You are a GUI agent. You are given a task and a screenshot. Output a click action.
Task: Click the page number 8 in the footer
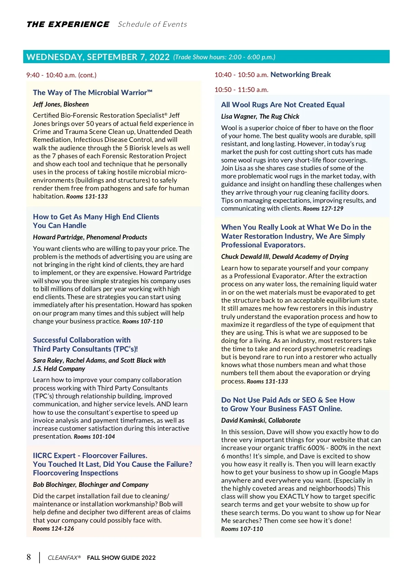(29, 557)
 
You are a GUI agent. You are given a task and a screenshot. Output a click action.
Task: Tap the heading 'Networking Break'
(301, 75)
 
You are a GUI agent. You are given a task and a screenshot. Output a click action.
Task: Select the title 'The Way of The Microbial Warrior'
(93, 93)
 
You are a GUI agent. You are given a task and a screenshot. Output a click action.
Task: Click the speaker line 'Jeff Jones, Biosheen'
(61, 104)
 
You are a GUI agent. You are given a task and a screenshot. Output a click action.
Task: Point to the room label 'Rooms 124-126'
(53, 529)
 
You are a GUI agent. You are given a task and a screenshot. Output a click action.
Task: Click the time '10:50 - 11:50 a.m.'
(241, 90)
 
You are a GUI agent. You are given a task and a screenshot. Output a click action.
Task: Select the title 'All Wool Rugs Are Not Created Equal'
(283, 105)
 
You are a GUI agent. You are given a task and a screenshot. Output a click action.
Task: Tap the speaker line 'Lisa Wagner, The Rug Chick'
(260, 117)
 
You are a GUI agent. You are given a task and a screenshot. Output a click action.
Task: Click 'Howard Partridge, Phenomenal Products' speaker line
(90, 237)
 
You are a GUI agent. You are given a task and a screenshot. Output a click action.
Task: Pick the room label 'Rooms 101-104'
(94, 437)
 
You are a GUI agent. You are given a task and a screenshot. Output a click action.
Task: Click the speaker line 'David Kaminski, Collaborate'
(261, 421)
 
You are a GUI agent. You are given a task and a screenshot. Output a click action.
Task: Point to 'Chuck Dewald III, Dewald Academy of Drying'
(285, 257)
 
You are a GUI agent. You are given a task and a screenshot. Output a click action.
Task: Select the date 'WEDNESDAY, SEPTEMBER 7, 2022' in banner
(98, 57)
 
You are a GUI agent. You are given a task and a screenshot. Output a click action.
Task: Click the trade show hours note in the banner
(224, 57)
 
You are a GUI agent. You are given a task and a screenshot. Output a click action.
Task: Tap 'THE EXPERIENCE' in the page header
(68, 24)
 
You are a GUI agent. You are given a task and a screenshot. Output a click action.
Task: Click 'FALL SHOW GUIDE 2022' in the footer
(121, 558)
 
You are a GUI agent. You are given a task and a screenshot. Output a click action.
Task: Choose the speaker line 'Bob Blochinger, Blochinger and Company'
(90, 485)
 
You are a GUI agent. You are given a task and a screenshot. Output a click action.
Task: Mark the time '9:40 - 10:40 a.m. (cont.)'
(61, 75)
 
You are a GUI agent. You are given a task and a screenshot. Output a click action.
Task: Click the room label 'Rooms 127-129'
(323, 209)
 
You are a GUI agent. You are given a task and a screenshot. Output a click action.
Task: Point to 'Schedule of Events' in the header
(153, 24)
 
